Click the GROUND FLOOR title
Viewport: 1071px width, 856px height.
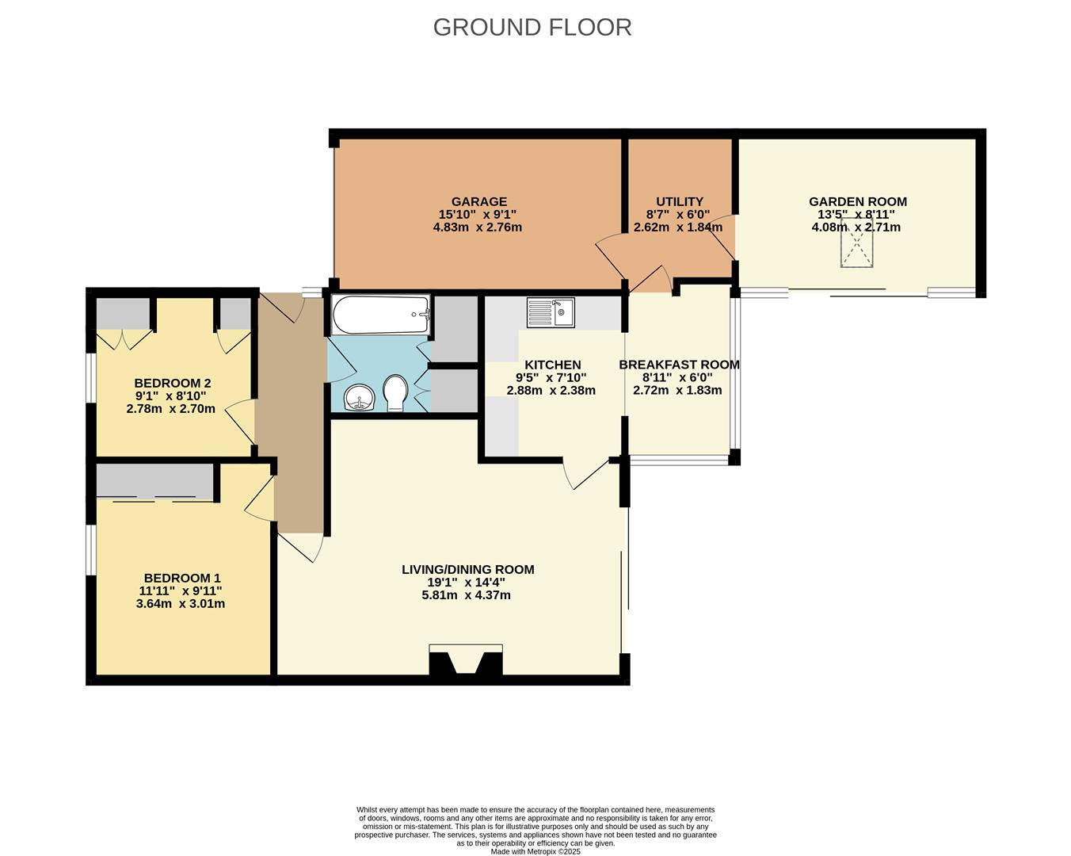point(532,27)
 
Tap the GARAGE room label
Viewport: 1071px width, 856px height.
point(478,201)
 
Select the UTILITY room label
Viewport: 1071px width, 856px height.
point(679,201)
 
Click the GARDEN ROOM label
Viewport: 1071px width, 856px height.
point(857,201)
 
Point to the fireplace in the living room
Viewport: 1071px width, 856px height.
point(466,661)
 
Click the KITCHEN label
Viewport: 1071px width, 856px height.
point(552,365)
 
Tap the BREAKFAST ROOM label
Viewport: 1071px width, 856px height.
point(679,365)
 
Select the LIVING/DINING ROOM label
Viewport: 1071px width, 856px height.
point(467,569)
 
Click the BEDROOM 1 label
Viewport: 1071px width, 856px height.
point(181,578)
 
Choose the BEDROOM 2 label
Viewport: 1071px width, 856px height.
point(172,384)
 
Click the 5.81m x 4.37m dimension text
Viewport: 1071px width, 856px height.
point(466,595)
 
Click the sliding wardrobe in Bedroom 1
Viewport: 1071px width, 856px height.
point(155,482)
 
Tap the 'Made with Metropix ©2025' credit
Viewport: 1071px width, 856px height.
point(535,852)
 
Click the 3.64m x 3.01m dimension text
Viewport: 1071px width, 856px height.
point(181,604)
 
